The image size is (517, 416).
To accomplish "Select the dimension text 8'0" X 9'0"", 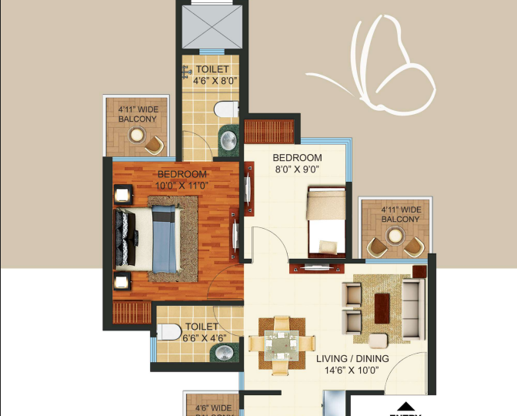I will (295, 169).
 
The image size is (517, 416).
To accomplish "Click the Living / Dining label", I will (352, 359).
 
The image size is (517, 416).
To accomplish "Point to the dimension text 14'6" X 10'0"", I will (352, 371).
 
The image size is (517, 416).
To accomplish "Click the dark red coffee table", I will (383, 306).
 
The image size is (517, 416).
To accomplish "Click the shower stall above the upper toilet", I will (210, 27).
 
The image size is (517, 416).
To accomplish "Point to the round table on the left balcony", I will (137, 136).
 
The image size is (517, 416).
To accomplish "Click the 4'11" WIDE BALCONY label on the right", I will (400, 214).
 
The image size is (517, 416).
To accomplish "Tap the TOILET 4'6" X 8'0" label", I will (211, 74).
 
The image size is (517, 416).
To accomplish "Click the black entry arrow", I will (405, 406).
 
